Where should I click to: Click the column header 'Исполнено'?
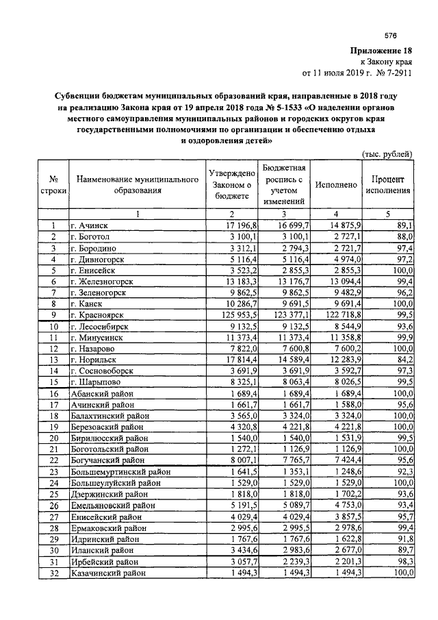click(335, 185)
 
